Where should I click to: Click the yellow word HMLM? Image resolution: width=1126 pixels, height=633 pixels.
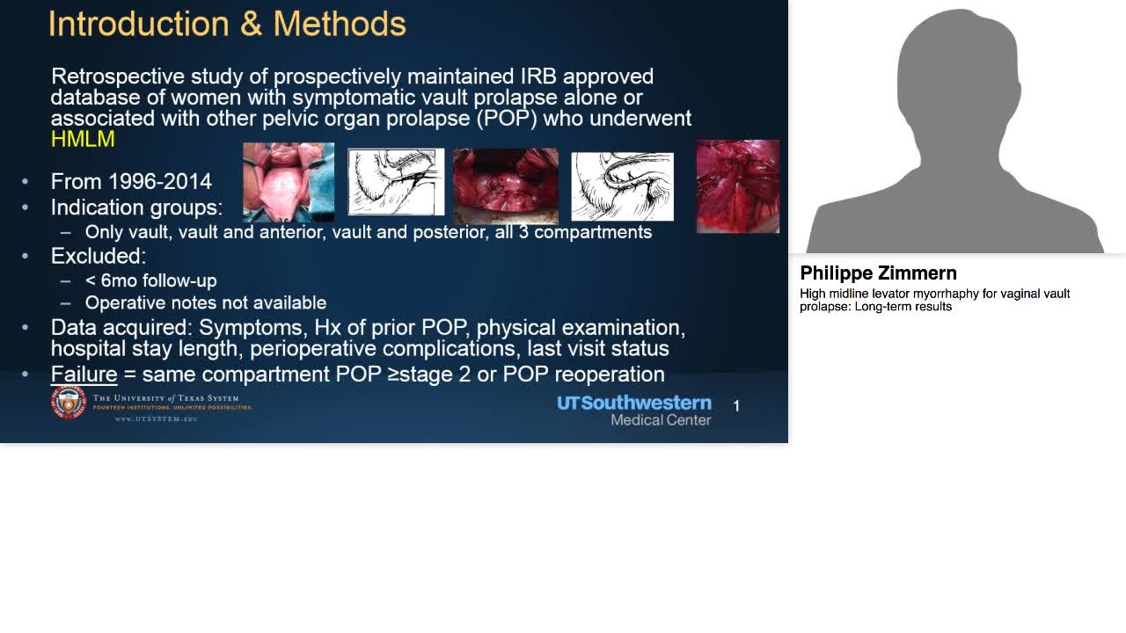pos(83,140)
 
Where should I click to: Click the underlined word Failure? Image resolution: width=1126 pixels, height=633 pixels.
pos(84,375)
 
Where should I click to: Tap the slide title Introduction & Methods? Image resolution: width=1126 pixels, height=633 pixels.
pos(227,24)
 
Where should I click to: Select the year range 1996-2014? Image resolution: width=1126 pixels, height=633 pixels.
pos(159,182)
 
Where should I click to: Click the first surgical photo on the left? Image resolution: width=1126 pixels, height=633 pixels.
pos(289,182)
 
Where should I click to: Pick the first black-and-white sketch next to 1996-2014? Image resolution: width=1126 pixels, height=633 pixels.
pos(396,182)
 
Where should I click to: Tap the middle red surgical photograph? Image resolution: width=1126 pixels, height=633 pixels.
pos(505,186)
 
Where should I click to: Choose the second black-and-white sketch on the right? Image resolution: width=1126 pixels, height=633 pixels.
pos(622,186)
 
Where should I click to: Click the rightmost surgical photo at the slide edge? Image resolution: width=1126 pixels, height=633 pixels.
pos(737,186)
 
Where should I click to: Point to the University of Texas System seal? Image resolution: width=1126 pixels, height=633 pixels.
pos(68,403)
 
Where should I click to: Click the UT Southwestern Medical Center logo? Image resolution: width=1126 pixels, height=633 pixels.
pos(634,410)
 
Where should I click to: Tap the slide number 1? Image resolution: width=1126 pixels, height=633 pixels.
pos(736,406)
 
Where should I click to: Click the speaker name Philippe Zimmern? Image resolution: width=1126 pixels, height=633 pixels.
pos(878,273)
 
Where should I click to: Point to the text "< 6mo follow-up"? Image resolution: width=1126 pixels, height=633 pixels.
pos(150,281)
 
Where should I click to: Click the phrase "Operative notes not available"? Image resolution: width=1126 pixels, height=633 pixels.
pos(205,303)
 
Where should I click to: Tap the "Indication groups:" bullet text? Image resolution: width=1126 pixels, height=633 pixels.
pos(136,207)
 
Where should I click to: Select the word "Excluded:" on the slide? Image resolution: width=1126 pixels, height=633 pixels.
pos(99,257)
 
